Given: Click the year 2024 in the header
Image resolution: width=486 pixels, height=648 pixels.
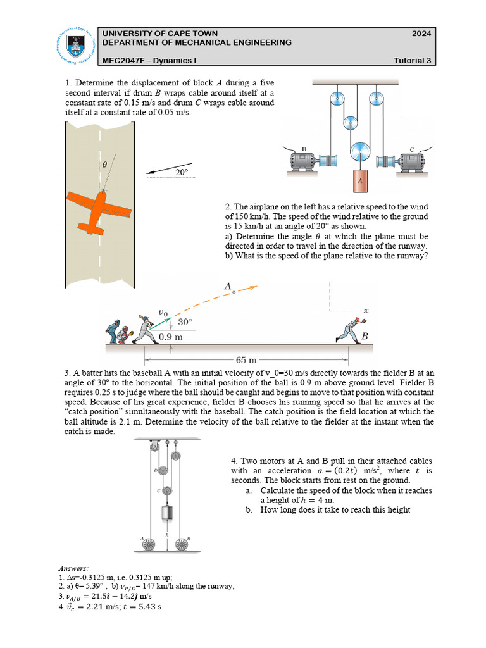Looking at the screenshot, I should (421, 34).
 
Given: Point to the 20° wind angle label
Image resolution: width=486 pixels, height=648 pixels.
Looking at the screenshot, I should (182, 171).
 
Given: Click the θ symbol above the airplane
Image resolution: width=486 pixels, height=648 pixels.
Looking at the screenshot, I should (105, 164).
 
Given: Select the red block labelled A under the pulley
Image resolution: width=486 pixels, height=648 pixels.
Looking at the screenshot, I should (359, 180).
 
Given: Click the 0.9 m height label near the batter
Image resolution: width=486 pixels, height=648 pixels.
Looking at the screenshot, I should (170, 337).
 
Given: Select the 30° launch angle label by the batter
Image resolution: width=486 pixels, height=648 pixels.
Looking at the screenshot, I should (184, 322).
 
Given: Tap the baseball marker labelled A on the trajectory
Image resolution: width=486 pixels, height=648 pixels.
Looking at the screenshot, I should (234, 292).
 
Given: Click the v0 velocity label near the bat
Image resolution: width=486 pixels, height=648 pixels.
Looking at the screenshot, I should (163, 312).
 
